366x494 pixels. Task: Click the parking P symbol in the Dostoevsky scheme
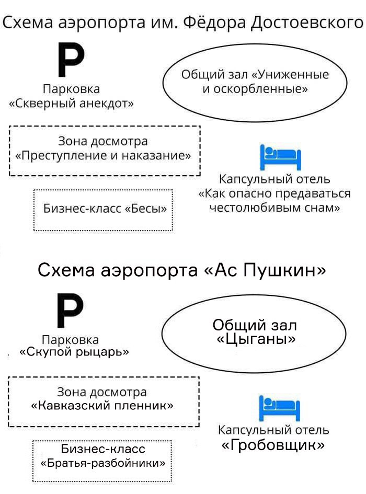click(x=71, y=60)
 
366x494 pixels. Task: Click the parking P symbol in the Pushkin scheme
click(x=70, y=310)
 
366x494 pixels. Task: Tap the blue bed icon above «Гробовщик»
click(x=279, y=408)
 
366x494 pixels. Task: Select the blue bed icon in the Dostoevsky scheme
click(x=280, y=157)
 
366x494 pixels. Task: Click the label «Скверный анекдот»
click(x=72, y=104)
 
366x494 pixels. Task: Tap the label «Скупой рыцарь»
click(x=74, y=352)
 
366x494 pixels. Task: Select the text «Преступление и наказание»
click(x=103, y=155)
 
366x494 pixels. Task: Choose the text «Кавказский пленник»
click(x=102, y=405)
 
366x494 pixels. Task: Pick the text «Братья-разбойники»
click(x=103, y=463)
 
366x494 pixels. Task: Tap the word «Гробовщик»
click(x=273, y=445)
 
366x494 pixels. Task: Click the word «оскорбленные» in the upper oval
click(x=259, y=89)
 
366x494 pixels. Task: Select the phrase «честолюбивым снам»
click(x=274, y=208)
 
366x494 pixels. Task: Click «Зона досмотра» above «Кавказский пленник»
click(x=102, y=392)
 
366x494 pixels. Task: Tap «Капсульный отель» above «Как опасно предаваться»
click(x=274, y=179)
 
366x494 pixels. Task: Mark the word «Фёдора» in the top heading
click(x=214, y=23)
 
